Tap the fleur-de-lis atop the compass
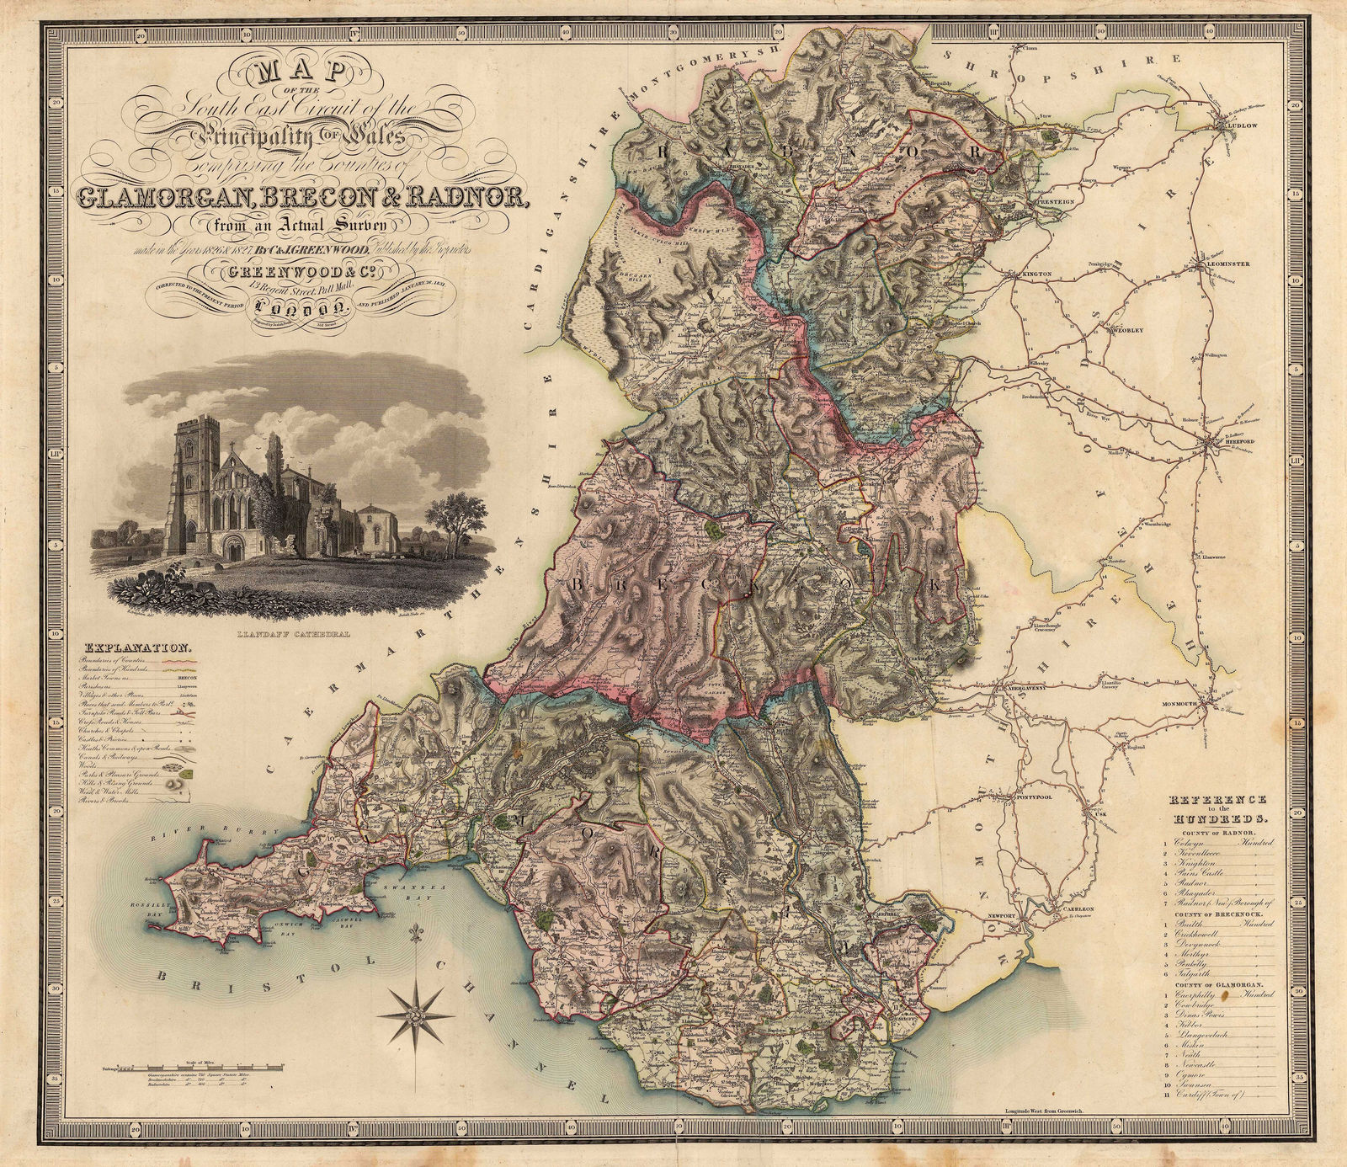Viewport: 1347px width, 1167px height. pyautogui.click(x=413, y=938)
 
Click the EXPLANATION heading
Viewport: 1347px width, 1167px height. pyautogui.click(x=136, y=649)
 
